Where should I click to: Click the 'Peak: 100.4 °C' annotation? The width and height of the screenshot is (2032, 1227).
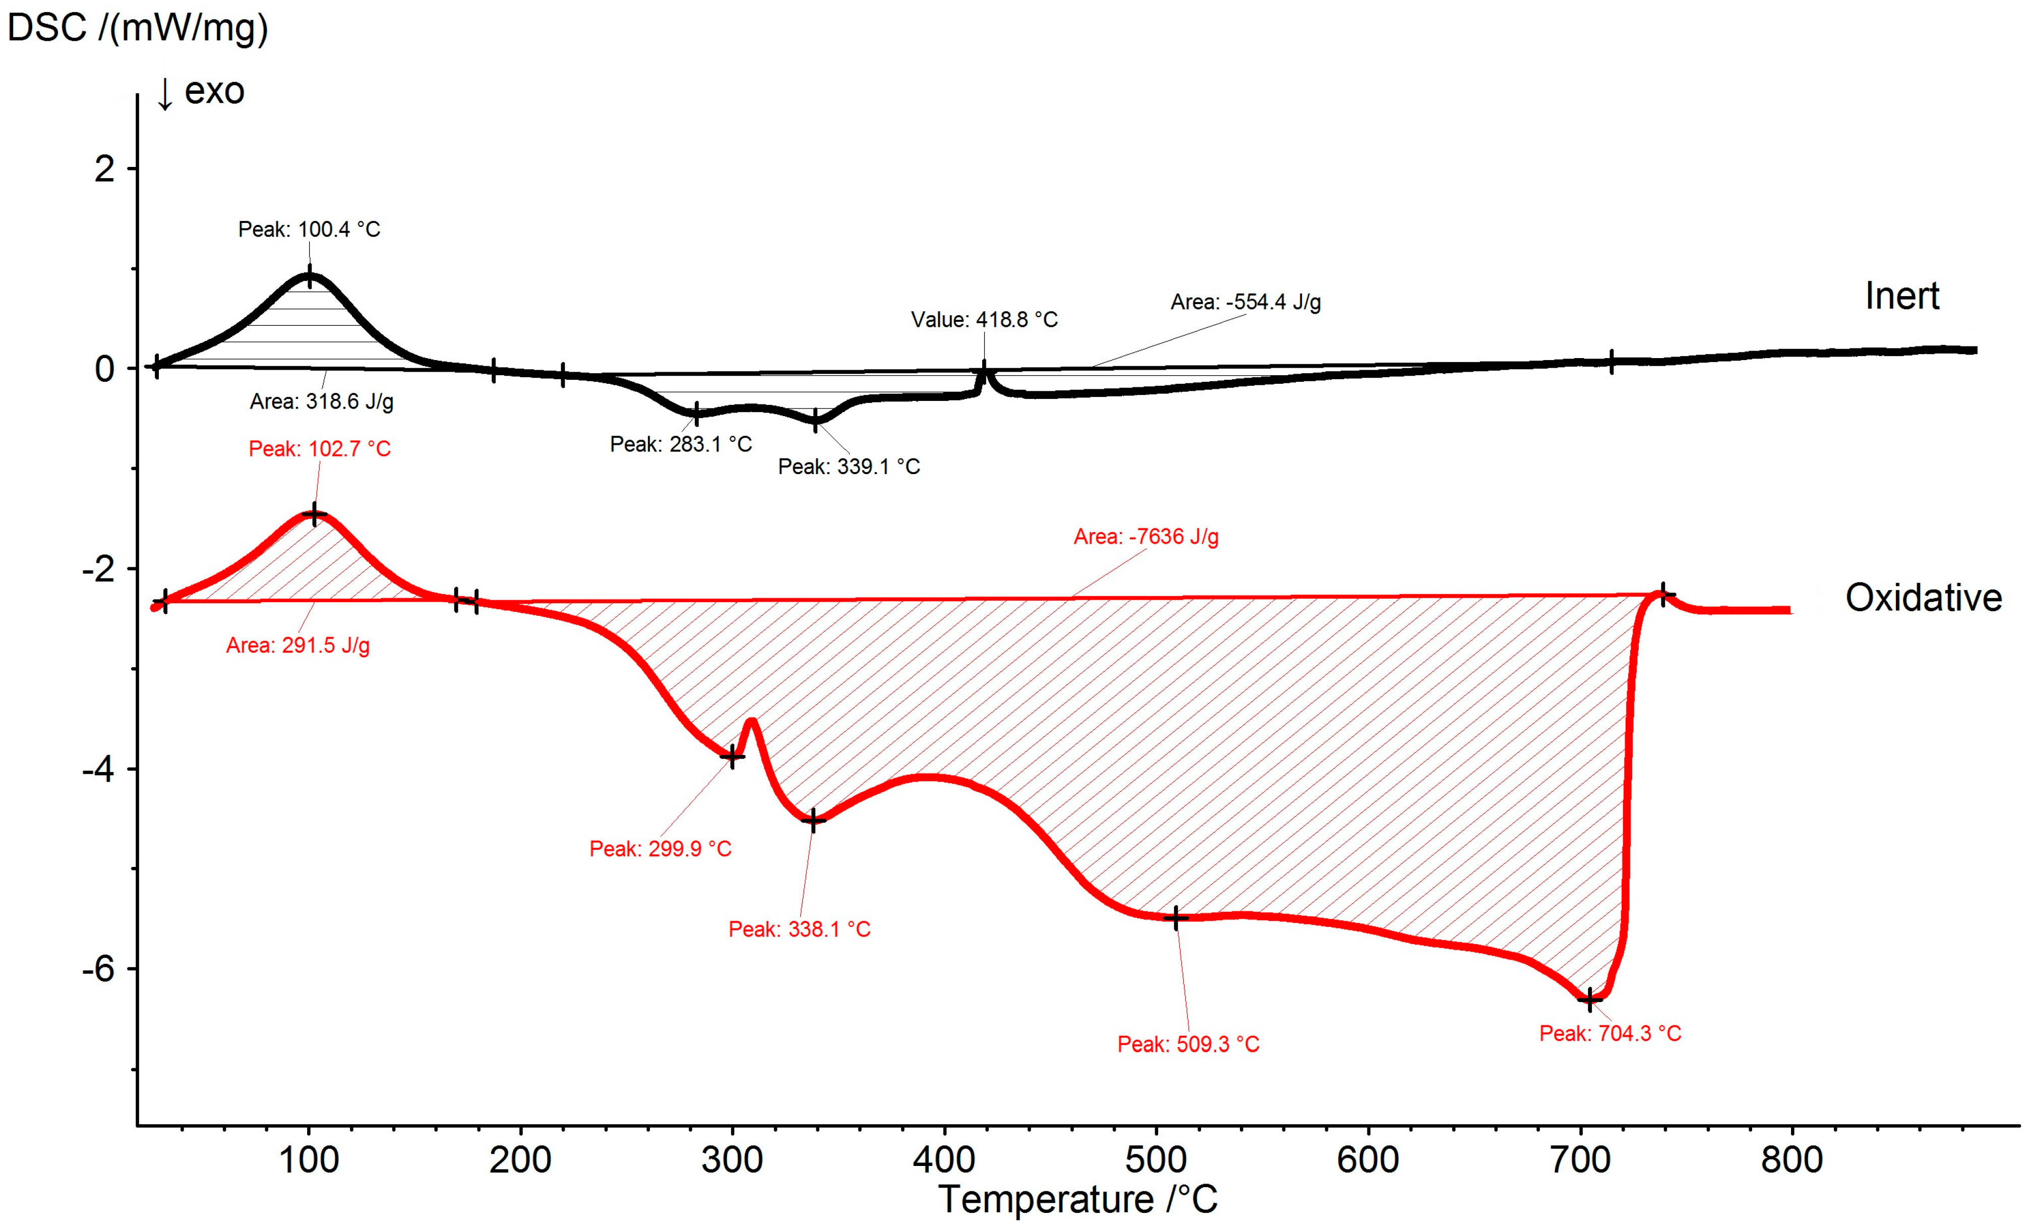(309, 229)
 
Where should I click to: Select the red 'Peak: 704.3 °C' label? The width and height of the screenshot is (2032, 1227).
(1610, 1033)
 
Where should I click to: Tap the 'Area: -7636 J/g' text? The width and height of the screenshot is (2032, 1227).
(1146, 537)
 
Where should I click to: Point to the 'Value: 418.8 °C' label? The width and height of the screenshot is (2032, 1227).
(984, 320)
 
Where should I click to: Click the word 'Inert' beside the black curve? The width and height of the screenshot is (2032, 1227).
(1902, 296)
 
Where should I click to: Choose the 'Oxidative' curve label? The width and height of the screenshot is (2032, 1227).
(1923, 598)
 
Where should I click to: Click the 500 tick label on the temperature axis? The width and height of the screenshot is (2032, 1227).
(1155, 1160)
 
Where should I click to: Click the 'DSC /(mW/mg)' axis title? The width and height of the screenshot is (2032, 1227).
(138, 28)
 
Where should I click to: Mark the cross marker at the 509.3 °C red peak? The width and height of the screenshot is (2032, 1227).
(1176, 918)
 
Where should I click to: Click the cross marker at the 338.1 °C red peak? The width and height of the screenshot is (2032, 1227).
(813, 821)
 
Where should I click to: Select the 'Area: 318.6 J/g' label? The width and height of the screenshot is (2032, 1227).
(322, 401)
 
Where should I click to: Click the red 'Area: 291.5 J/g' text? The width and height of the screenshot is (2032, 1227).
(297, 645)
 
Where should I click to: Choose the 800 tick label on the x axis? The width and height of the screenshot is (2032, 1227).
(1791, 1160)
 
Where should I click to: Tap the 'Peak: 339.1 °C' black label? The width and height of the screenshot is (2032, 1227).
(849, 466)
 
